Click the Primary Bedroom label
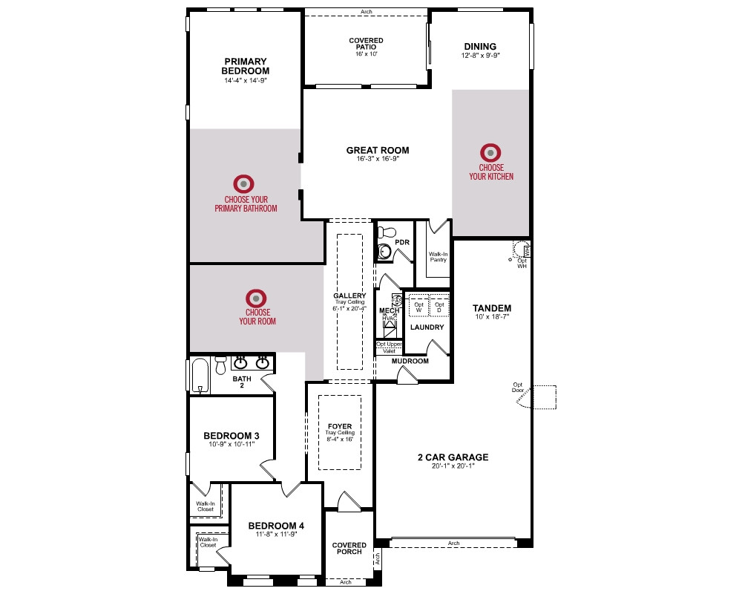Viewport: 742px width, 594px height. pyautogui.click(x=245, y=66)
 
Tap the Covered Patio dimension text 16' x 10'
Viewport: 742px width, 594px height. pyautogui.click(x=367, y=54)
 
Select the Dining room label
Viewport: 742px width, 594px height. pyautogui.click(x=480, y=47)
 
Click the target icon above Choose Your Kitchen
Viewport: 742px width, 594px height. pyautogui.click(x=490, y=152)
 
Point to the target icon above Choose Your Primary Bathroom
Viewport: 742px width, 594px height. pyautogui.click(x=243, y=184)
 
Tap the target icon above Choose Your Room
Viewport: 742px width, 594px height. pyautogui.click(x=256, y=299)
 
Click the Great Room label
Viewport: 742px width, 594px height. pyautogui.click(x=378, y=150)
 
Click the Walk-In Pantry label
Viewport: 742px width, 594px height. pyautogui.click(x=439, y=257)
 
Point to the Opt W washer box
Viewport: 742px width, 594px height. pyautogui.click(x=418, y=306)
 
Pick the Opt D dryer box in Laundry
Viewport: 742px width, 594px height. pyautogui.click(x=439, y=306)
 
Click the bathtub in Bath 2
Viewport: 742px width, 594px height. pyautogui.click(x=200, y=376)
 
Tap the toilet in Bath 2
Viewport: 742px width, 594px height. pyautogui.click(x=220, y=365)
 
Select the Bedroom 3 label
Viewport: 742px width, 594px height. pyautogui.click(x=232, y=436)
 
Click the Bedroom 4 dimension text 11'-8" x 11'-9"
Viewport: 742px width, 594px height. pyautogui.click(x=276, y=535)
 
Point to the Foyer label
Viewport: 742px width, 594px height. pyautogui.click(x=340, y=426)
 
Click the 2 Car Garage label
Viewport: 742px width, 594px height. pyautogui.click(x=453, y=457)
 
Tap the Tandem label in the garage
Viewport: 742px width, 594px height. pyautogui.click(x=492, y=308)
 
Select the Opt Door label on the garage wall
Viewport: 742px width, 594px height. pyautogui.click(x=518, y=388)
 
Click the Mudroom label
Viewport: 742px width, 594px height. pyautogui.click(x=410, y=361)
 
